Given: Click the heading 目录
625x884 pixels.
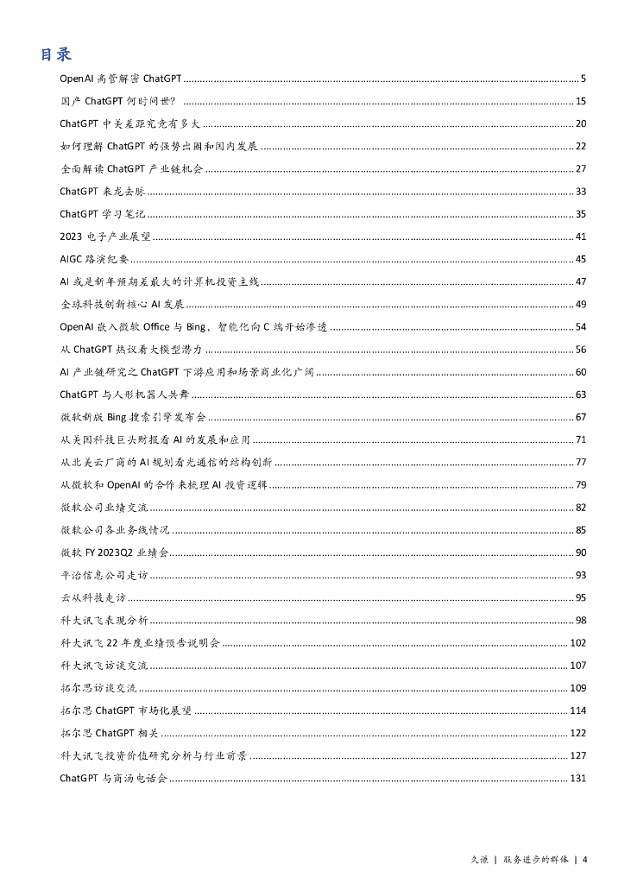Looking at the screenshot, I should pyautogui.click(x=56, y=54).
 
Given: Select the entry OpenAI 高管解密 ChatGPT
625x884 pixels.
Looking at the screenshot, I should pyautogui.click(x=119, y=79).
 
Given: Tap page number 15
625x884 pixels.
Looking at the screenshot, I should pyautogui.click(x=581, y=101).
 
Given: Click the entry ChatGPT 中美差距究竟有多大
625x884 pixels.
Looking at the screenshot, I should pyautogui.click(x=130, y=123).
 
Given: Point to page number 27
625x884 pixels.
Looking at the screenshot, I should pyautogui.click(x=581, y=168).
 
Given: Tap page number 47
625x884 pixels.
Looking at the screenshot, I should pyautogui.click(x=581, y=281).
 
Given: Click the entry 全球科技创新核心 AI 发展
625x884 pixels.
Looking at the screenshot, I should pyautogui.click(x=123, y=304).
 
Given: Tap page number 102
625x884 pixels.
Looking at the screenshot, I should pyautogui.click(x=578, y=643).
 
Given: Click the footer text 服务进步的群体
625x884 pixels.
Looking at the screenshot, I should pyautogui.click(x=536, y=860).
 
